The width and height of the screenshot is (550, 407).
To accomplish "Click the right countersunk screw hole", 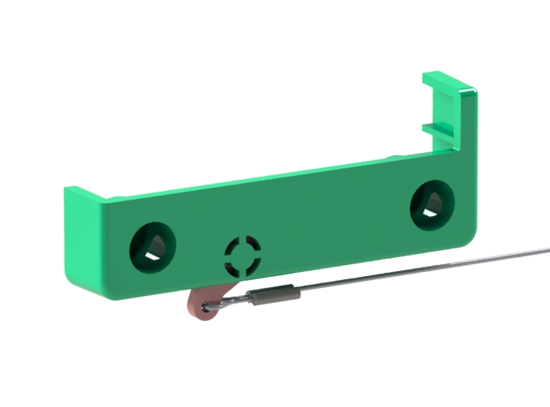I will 432,204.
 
